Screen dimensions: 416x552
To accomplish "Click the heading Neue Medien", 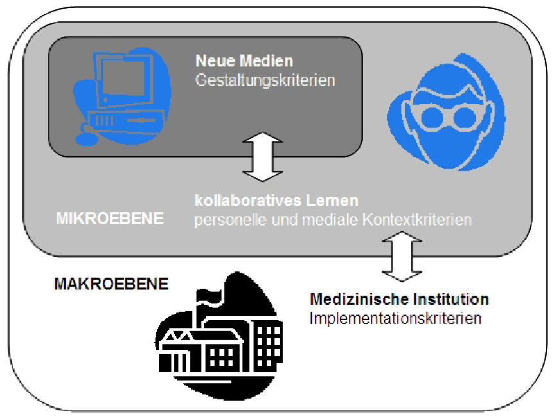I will point(244,62).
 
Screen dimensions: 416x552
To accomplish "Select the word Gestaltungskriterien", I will point(265,80).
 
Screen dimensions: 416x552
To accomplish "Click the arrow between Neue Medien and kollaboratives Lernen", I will point(262,156).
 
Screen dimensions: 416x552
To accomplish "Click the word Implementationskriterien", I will point(395,318).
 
